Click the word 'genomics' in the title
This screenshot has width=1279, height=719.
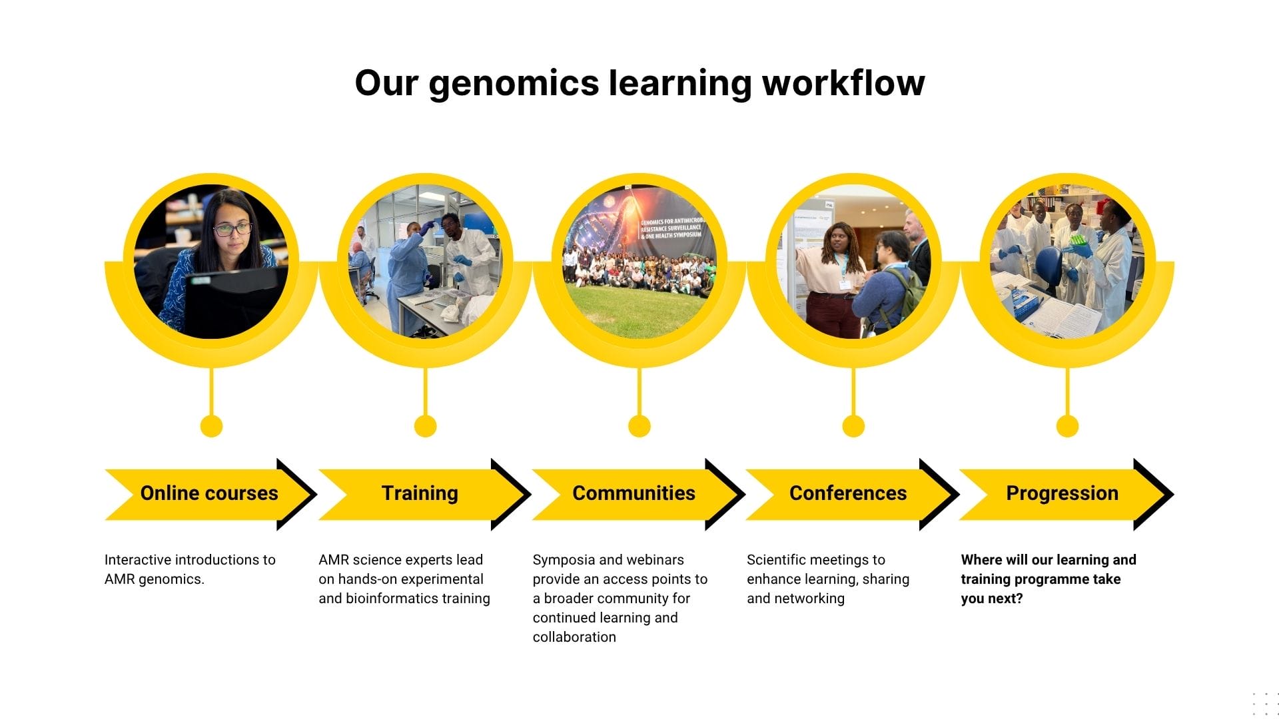coord(514,85)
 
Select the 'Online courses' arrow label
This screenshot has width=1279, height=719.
coord(209,493)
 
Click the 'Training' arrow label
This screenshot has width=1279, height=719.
coord(420,493)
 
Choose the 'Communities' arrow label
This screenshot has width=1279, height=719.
coord(634,493)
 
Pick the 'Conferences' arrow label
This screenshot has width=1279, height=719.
coord(847,493)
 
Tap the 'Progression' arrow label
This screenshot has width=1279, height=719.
coord(1062,493)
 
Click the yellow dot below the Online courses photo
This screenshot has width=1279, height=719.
coord(211,426)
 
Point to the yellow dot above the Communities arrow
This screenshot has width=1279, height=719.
coord(639,426)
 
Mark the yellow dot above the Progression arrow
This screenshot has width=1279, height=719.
coord(1067,426)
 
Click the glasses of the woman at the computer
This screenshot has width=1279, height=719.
coord(232,230)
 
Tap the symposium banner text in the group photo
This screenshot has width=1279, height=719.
coord(671,228)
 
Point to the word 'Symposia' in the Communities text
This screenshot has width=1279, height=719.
coord(560,560)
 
